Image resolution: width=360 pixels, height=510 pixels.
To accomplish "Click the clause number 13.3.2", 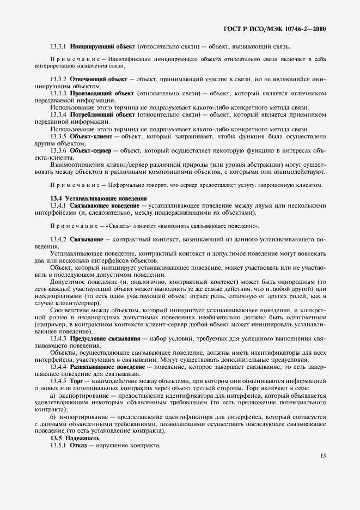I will pyautogui.click(x=58, y=79).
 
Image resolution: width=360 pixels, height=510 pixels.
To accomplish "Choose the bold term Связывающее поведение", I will pyautogui.click(x=104, y=205).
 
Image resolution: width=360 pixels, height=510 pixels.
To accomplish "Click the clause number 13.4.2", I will pyautogui.click(x=58, y=239).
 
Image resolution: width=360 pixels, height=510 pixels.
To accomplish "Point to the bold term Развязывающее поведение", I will pyautogui.click(x=107, y=367).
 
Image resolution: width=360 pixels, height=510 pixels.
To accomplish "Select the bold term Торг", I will pyautogui.click(x=76, y=381).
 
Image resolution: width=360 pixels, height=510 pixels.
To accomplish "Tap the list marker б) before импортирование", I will pyautogui.click(x=53, y=417).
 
